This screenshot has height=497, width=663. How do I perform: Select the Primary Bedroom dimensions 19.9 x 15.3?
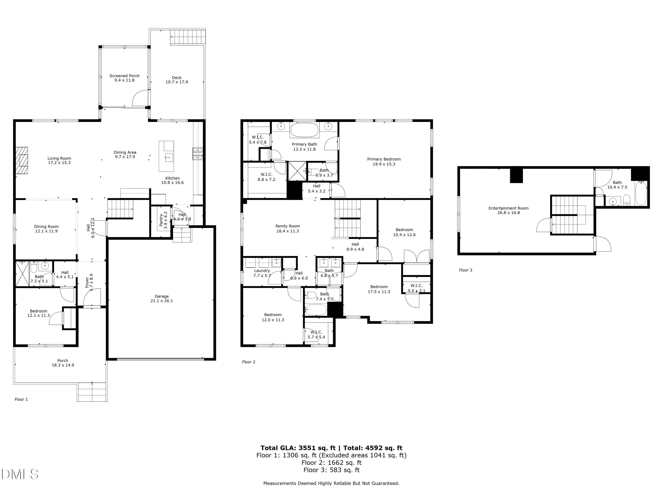point(384,164)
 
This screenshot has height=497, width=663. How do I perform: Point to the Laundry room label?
point(262,271)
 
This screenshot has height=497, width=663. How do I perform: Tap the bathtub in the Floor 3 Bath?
point(641,193)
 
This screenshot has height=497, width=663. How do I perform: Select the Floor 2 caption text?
point(248,362)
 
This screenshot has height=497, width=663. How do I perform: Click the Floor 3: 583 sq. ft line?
point(331,470)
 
